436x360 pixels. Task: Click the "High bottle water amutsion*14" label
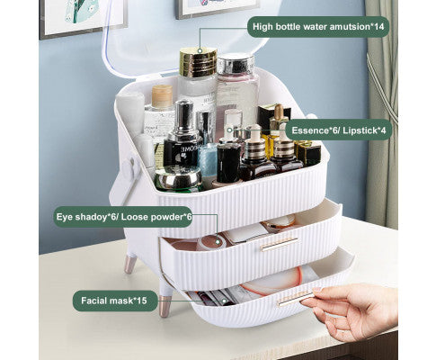(x=318, y=27)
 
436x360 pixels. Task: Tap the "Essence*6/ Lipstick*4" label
(x=339, y=130)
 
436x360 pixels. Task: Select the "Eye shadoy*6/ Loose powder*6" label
(x=123, y=217)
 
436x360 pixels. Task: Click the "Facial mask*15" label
(x=115, y=301)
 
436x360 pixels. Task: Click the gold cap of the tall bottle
(x=198, y=62)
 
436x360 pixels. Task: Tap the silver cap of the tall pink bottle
(x=236, y=64)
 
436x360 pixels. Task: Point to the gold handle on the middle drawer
(x=279, y=244)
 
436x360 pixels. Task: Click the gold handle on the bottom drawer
(x=296, y=298)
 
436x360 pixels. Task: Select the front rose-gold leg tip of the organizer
(x=165, y=306)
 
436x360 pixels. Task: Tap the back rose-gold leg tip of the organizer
(x=130, y=264)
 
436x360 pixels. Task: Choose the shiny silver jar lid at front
(x=179, y=177)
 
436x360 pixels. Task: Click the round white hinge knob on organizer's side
(x=129, y=165)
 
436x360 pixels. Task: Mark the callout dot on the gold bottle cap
(x=200, y=51)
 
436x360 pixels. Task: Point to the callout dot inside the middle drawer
(x=218, y=241)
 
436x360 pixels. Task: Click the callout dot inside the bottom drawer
(x=224, y=301)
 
